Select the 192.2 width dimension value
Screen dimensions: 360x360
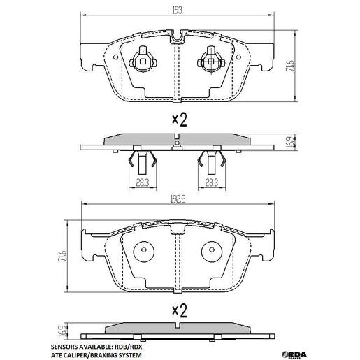(x=179, y=198)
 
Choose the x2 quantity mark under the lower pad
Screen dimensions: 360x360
(x=180, y=308)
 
